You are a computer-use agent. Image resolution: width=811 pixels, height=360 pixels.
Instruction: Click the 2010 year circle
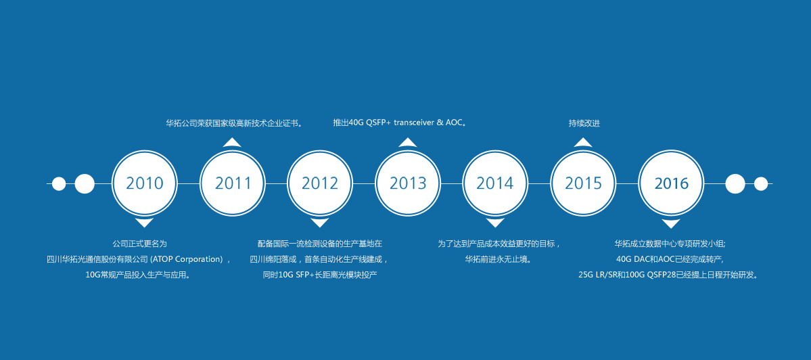pyautogui.click(x=145, y=183)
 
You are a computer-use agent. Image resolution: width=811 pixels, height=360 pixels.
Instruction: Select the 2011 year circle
pyautogui.click(x=232, y=183)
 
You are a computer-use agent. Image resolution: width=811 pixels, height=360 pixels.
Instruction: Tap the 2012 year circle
pyautogui.click(x=320, y=183)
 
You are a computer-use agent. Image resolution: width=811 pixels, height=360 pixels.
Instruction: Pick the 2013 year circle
pyautogui.click(x=408, y=183)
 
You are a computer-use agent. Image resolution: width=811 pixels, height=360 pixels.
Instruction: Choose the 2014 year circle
pyautogui.click(x=496, y=183)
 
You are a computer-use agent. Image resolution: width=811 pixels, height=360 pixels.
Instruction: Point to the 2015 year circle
pyautogui.click(x=583, y=183)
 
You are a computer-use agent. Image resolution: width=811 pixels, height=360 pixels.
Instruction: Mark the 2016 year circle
pyautogui.click(x=672, y=183)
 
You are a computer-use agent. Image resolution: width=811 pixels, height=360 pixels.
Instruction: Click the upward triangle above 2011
pyautogui.click(x=232, y=143)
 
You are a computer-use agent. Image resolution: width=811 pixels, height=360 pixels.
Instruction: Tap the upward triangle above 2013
pyautogui.click(x=408, y=143)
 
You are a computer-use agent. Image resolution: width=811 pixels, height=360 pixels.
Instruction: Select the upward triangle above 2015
pyautogui.click(x=583, y=143)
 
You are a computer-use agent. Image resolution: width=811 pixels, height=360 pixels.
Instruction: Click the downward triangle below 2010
pyautogui.click(x=144, y=223)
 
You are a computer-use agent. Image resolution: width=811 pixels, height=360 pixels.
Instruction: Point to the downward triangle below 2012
pyautogui.click(x=320, y=223)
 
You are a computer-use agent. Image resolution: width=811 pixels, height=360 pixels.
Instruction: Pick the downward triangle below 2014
pyautogui.click(x=496, y=223)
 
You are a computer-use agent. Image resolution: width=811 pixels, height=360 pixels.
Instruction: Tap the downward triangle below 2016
pyautogui.click(x=672, y=223)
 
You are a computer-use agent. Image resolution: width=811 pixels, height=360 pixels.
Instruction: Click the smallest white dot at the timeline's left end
pyautogui.click(x=59, y=183)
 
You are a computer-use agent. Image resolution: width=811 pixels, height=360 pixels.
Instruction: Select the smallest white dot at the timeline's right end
pyautogui.click(x=761, y=183)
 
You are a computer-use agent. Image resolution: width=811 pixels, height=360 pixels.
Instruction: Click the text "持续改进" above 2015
pyautogui.click(x=584, y=124)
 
